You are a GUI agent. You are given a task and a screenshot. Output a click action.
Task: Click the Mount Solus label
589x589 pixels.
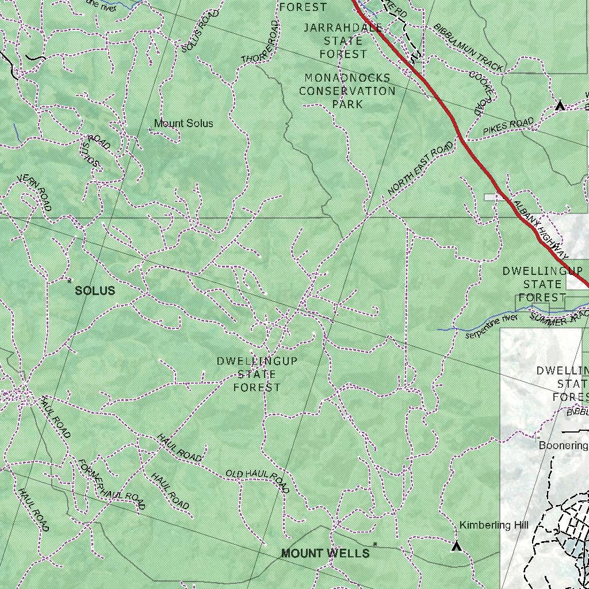(x=183, y=124)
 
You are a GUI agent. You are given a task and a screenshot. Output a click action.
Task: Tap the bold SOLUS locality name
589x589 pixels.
(x=95, y=291)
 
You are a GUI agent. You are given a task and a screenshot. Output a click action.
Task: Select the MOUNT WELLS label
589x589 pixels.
(x=325, y=553)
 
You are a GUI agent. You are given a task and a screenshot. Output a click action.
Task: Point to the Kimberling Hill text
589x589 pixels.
(x=494, y=525)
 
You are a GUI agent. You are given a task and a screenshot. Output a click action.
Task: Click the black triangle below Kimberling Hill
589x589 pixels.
(x=457, y=546)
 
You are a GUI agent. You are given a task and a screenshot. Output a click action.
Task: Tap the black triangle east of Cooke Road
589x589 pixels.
(x=560, y=106)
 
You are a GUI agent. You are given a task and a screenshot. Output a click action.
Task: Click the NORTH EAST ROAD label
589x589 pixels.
(x=420, y=169)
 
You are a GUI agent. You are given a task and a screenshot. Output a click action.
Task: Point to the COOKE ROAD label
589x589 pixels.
(x=481, y=93)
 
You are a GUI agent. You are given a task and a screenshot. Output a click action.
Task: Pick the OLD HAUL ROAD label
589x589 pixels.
(x=257, y=479)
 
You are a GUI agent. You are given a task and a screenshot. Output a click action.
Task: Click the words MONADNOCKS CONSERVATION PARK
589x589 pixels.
(x=347, y=91)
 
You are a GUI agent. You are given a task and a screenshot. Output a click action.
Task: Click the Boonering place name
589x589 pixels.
(x=563, y=446)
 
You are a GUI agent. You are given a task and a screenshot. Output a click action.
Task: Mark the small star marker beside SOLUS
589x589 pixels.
(x=70, y=281)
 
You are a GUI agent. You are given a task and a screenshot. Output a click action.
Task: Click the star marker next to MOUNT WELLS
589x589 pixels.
(x=375, y=544)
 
